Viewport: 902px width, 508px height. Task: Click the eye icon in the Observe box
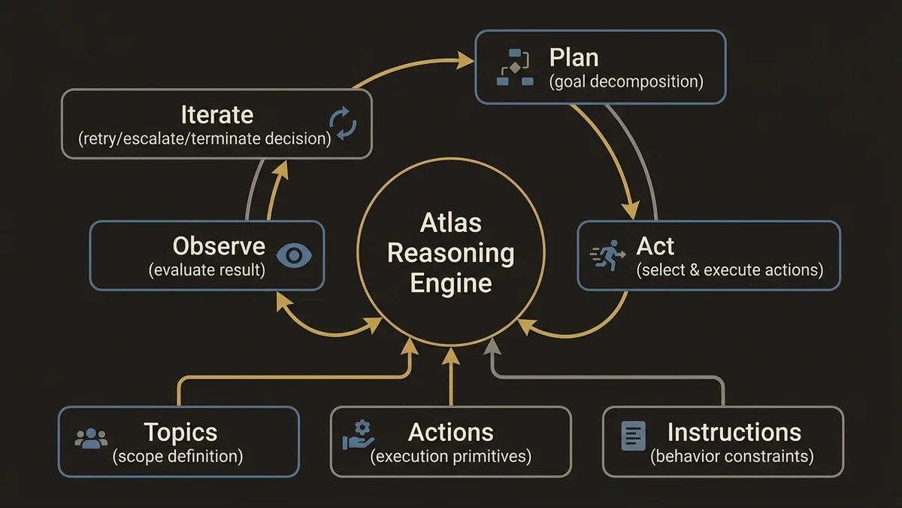coord(295,255)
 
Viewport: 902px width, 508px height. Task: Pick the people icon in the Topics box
coord(91,439)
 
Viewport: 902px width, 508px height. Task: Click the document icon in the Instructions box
coord(633,437)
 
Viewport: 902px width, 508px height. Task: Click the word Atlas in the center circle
coord(451,224)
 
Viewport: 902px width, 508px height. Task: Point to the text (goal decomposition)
coord(626,82)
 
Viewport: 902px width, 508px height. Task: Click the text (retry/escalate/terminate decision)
coord(204,139)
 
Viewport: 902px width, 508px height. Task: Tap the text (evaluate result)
coord(207,269)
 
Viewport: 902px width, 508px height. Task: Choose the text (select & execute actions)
coord(729,269)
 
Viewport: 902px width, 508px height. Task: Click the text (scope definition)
coord(177,456)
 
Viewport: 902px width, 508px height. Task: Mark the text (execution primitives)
coord(450,456)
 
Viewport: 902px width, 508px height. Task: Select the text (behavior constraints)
coord(732,456)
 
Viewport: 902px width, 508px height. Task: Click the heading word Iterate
coord(217,115)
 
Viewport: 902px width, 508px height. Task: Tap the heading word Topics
coord(180,433)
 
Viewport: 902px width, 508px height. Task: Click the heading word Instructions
coord(734,433)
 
